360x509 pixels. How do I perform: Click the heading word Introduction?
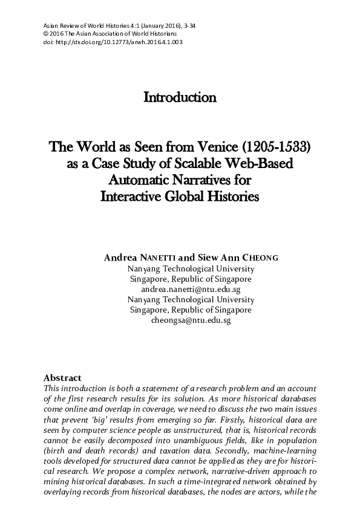tap(180, 97)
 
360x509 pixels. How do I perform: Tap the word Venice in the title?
tap(212, 148)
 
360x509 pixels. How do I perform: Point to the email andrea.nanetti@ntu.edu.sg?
tap(191, 290)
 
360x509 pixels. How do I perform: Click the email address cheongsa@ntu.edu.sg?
tap(191, 320)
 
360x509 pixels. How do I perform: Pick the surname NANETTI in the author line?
tap(172, 258)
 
